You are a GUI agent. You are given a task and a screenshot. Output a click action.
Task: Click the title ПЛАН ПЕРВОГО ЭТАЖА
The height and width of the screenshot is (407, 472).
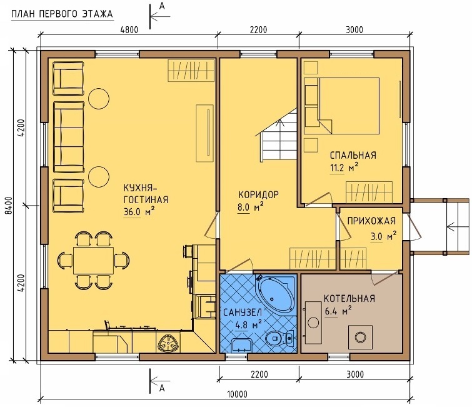click(62, 14)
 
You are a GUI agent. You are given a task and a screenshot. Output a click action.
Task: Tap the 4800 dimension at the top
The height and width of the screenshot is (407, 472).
click(129, 30)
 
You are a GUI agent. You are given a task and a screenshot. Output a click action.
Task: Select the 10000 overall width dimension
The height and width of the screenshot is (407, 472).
click(237, 394)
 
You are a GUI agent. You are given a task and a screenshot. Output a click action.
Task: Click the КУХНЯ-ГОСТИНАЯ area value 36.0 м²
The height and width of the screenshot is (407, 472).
click(139, 211)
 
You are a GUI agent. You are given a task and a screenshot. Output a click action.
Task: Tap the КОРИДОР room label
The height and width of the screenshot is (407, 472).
click(259, 195)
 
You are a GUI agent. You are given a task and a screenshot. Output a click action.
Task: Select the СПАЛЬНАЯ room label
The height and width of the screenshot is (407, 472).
click(353, 155)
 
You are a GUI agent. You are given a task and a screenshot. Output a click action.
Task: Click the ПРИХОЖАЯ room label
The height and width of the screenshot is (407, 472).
click(371, 221)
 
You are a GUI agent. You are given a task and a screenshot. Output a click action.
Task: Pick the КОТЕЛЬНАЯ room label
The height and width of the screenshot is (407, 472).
click(349, 298)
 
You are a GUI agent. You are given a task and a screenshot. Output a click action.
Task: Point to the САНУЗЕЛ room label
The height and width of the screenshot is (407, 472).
click(243, 313)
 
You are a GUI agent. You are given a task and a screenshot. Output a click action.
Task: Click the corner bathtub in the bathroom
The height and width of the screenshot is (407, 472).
click(275, 294)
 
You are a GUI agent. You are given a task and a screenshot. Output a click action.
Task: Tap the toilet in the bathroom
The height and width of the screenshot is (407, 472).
click(280, 338)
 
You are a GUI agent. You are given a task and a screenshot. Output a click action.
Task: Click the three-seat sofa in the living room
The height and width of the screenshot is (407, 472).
click(69, 138)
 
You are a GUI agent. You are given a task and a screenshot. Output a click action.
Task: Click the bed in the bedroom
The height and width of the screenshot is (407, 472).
click(341, 106)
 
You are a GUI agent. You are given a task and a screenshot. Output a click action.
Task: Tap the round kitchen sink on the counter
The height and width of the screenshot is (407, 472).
click(168, 343)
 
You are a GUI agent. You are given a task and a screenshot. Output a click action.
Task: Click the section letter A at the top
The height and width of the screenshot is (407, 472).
click(162, 6)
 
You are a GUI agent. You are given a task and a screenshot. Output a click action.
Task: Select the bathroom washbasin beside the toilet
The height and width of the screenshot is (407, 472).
click(242, 344)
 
